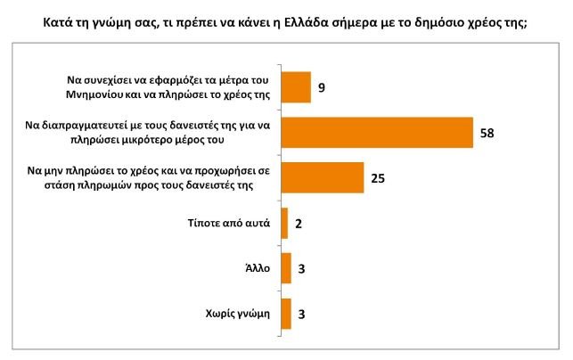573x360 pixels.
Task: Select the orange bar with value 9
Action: pos(296,87)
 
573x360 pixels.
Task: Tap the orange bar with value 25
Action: pos(322,177)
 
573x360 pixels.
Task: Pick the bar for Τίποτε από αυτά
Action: pos(284,223)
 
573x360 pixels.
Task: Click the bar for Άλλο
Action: pos(286,268)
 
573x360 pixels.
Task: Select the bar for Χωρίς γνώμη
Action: pos(286,314)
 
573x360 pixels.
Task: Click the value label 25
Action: pos(377,178)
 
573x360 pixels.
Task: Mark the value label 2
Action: pos(299,224)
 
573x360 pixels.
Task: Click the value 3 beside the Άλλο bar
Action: pos(302,269)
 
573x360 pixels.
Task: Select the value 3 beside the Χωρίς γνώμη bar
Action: pos(302,315)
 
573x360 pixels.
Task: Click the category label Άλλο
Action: pos(257,269)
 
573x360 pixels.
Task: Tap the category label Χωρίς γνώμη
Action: pos(237,314)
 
